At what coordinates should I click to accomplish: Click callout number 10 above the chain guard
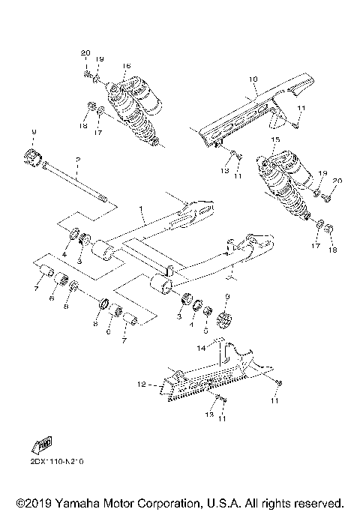(253, 79)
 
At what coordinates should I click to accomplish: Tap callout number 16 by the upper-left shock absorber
(126, 66)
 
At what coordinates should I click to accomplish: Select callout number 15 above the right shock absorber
(276, 140)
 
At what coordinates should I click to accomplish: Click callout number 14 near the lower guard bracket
(201, 349)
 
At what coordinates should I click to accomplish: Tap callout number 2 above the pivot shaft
(76, 160)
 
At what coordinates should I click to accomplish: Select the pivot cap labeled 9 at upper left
(33, 159)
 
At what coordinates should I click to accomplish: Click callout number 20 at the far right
(337, 181)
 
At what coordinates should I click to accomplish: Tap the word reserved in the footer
(318, 502)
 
